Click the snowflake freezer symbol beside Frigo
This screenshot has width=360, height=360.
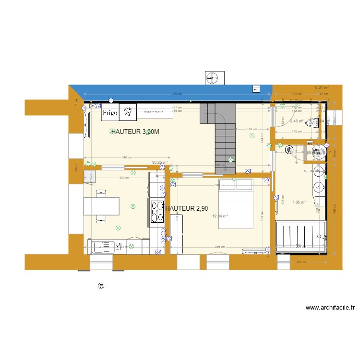[x=128, y=111]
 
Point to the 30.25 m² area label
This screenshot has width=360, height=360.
[x=159, y=162]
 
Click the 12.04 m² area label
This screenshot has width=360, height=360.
[x=220, y=216]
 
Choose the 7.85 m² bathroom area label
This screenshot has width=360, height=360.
[x=299, y=202]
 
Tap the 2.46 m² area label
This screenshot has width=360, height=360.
[x=297, y=121]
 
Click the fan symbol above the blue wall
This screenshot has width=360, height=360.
[x=214, y=77]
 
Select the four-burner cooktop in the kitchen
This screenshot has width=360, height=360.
[x=157, y=212]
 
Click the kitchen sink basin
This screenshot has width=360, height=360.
[x=100, y=247]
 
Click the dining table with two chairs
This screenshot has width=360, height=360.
[x=102, y=206]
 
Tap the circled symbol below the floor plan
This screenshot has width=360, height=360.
[x=101, y=286]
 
